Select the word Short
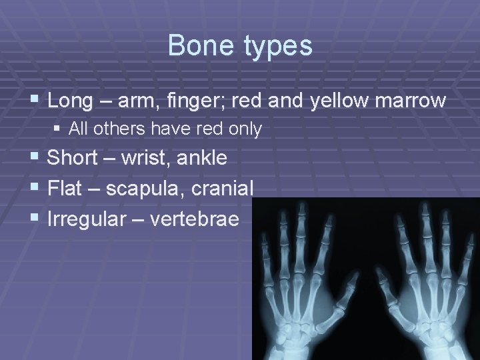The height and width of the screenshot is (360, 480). [x=73, y=158]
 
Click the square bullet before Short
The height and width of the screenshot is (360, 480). [x=35, y=159]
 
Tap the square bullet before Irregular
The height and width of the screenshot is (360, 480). [x=35, y=219]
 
